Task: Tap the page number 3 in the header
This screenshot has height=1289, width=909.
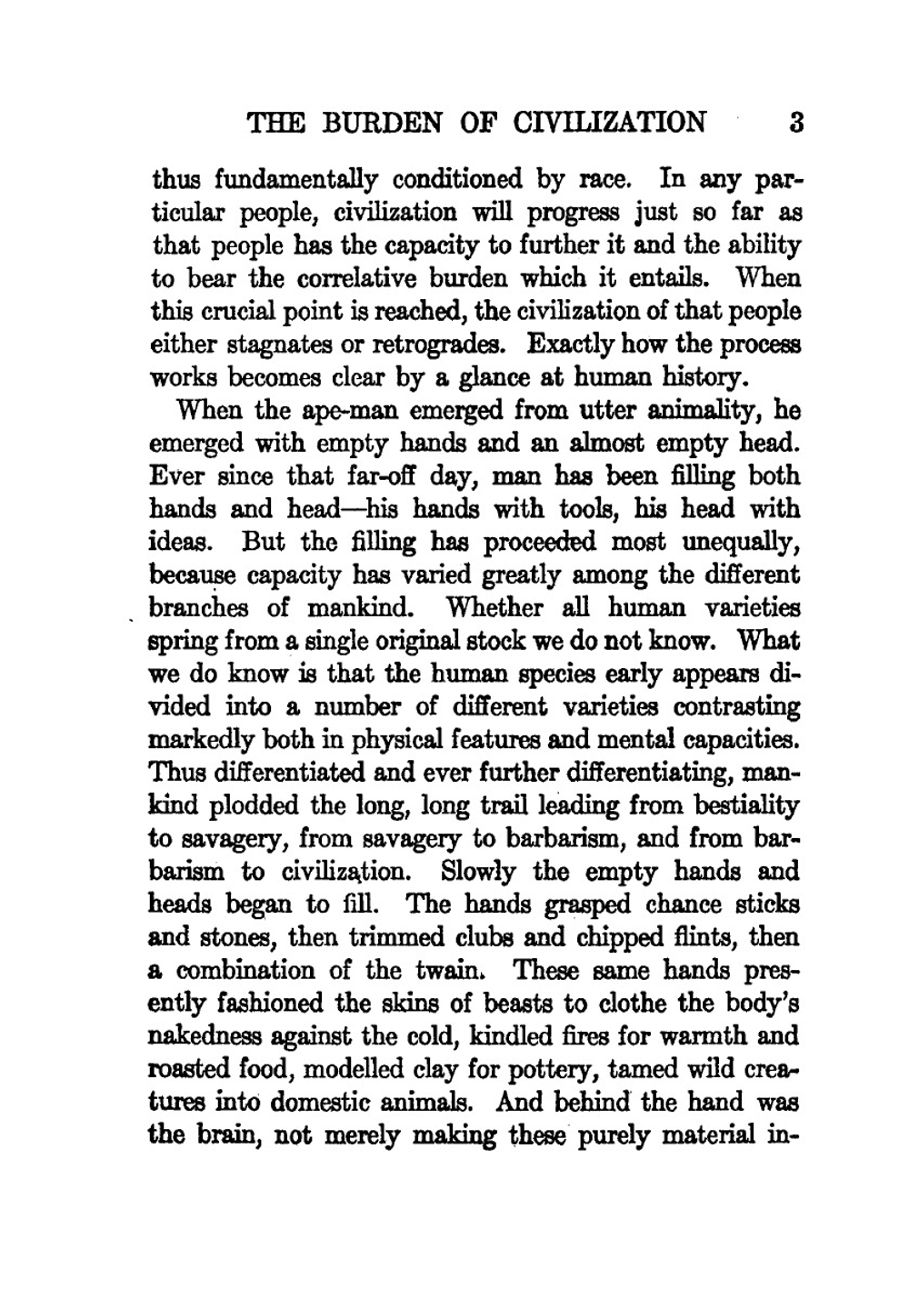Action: pyautogui.click(x=795, y=123)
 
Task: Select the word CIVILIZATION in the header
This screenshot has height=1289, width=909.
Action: pyautogui.click(x=609, y=123)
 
